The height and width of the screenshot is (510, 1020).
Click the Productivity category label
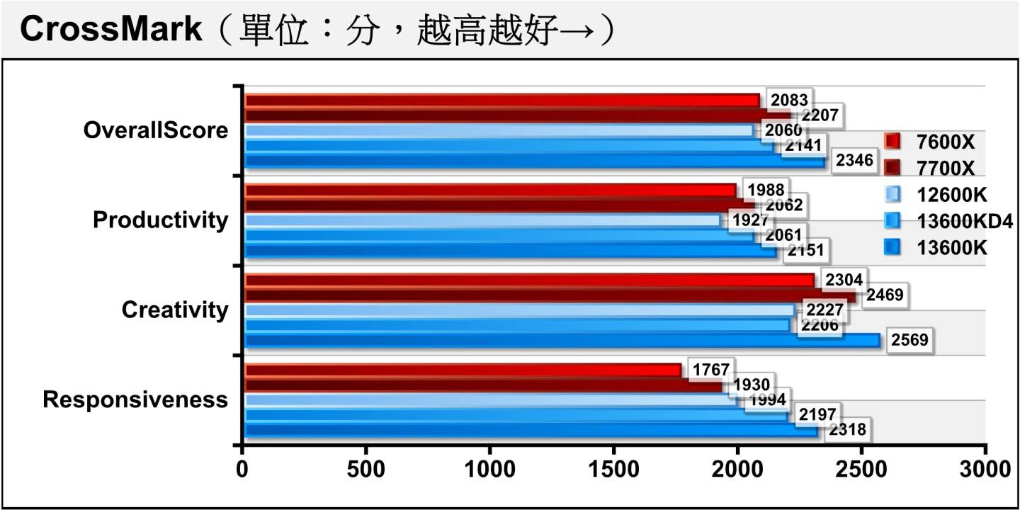point(161,220)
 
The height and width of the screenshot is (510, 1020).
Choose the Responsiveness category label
point(135,399)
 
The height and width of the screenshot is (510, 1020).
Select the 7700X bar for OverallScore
point(517,115)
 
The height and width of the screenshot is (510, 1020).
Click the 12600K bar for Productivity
point(482,220)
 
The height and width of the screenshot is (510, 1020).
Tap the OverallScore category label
point(156,130)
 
